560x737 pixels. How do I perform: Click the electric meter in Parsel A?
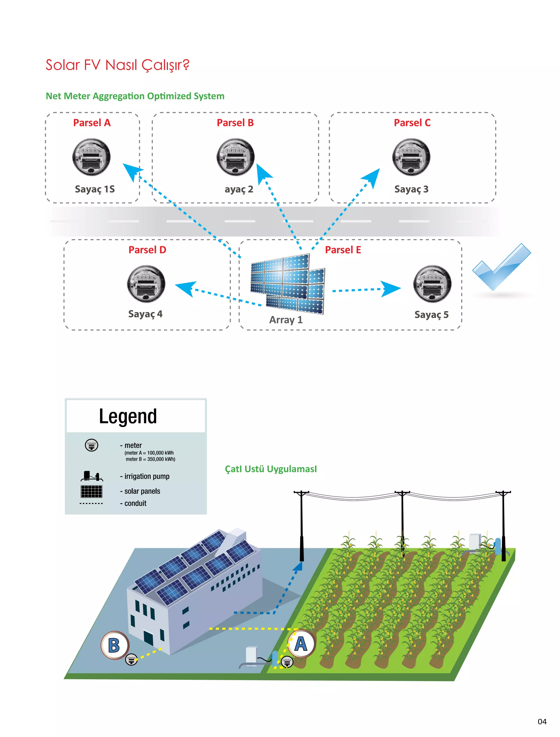(x=91, y=157)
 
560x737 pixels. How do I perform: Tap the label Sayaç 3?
(x=411, y=189)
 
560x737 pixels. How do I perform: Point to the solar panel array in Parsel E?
(x=288, y=283)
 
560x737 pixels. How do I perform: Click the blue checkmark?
(x=501, y=267)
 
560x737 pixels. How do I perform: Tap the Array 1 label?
(x=286, y=320)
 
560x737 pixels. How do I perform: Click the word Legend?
(x=128, y=416)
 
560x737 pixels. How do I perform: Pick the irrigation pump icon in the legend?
(x=92, y=476)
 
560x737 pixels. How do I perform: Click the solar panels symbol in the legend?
(x=91, y=491)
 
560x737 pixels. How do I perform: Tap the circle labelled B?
(x=114, y=645)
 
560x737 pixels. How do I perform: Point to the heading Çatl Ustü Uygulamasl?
(x=271, y=469)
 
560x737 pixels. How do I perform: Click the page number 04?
(x=542, y=722)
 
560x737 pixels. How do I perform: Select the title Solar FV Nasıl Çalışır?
(x=117, y=65)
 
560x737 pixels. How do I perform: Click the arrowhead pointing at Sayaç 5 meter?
(x=392, y=289)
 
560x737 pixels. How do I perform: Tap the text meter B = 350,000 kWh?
(x=150, y=459)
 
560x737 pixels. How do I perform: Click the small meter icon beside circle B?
(x=131, y=659)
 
